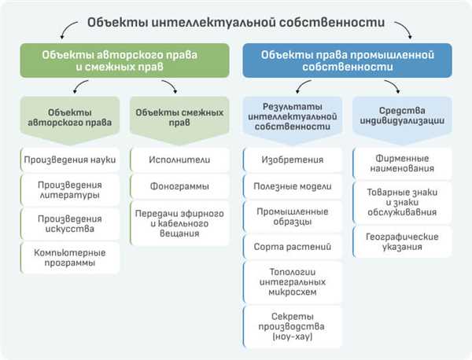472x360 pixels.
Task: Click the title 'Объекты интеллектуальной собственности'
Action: [236, 23]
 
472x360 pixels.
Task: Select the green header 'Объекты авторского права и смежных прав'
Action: [124, 61]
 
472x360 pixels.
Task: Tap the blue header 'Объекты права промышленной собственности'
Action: [348, 61]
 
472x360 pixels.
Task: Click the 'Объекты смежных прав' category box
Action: [179, 120]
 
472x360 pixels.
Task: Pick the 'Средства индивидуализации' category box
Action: [402, 120]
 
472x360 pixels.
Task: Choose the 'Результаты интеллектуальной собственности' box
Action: [293, 120]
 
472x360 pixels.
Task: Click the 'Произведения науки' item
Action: [70, 160]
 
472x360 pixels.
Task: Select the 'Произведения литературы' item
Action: [70, 190]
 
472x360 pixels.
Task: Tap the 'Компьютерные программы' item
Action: [70, 258]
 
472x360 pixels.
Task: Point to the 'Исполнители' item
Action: [179, 160]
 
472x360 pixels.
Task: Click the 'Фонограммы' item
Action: [179, 186]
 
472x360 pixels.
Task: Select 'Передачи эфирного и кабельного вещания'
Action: [179, 223]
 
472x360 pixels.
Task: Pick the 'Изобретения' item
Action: [293, 160]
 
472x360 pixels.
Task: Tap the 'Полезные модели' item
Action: [293, 186]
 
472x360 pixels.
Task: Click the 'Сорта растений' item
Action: [293, 247]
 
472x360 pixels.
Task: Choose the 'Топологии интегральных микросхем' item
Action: [293, 282]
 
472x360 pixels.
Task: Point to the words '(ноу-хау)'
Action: [293, 336]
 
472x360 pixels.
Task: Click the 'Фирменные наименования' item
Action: [402, 163]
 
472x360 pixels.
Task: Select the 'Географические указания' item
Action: [402, 242]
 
